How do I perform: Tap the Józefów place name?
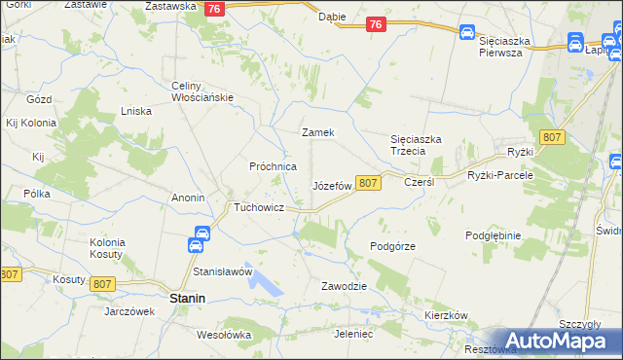coord(331,185)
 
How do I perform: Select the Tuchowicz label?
coord(258,207)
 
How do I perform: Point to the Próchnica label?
coord(273,166)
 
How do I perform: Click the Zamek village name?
coord(318,132)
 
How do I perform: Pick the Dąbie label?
coord(332,17)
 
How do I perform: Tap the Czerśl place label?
coord(419,182)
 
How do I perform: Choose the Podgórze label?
coord(393,246)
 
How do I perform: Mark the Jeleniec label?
coord(353,334)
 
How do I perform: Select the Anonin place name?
coord(187,198)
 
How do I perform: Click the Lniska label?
coord(135,111)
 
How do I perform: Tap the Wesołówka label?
coord(224,335)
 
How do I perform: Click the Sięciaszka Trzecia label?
coord(417,145)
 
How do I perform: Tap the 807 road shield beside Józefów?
coord(367,183)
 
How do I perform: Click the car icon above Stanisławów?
coord(202,234)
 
